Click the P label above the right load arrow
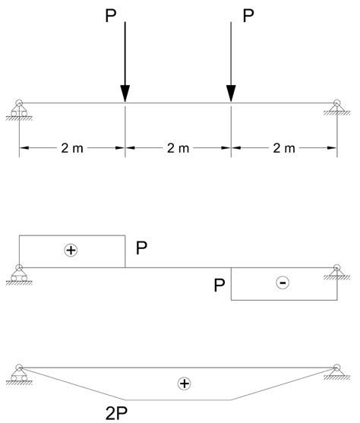pyautogui.click(x=248, y=17)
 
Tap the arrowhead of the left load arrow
pyautogui.click(x=125, y=92)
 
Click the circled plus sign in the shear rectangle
pyautogui.click(x=72, y=250)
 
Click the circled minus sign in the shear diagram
pyautogui.click(x=283, y=283)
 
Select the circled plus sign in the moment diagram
pyautogui.click(x=183, y=384)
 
